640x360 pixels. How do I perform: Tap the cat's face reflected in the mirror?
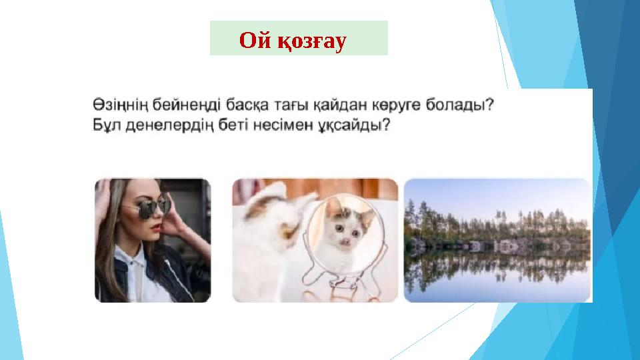tap(347, 227)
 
